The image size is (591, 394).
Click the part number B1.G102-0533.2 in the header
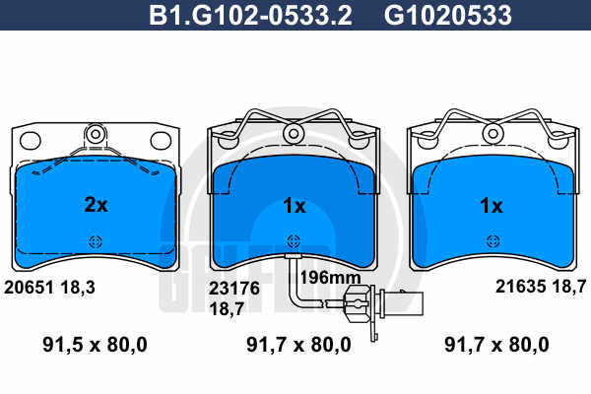[250, 15]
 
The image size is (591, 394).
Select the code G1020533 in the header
[448, 15]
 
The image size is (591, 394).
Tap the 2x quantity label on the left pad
[96, 205]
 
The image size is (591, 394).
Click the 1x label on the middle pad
[295, 206]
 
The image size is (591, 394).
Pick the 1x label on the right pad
[492, 206]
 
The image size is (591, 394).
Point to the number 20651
[29, 288]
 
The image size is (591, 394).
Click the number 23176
[234, 289]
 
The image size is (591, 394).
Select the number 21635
[521, 287]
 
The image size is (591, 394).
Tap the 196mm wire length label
[330, 278]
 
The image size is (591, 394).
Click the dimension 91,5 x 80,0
[95, 345]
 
